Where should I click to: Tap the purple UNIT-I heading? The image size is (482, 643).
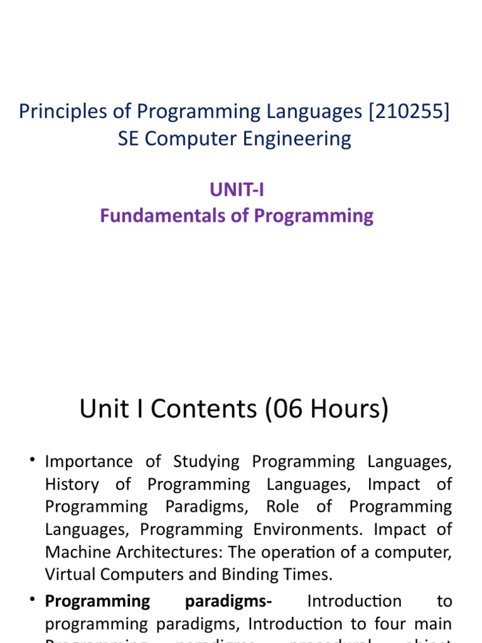tap(236, 189)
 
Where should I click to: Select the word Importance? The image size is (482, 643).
tap(89, 462)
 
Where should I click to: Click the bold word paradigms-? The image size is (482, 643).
tap(228, 601)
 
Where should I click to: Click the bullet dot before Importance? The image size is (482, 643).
tap(31, 462)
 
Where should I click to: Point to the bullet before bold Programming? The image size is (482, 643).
tap(31, 601)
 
